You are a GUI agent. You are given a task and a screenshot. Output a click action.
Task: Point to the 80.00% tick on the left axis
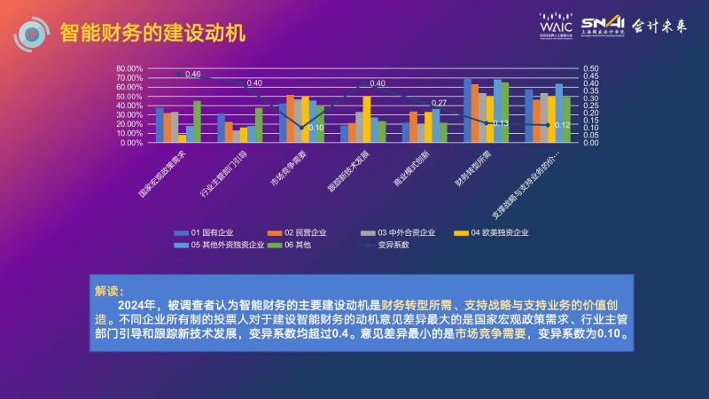tap(129, 68)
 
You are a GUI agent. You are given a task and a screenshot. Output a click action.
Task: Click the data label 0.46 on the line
tap(193, 74)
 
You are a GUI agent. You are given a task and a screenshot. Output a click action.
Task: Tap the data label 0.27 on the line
tap(439, 103)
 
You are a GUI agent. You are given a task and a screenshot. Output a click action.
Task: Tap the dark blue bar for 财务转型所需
tap(467, 110)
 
